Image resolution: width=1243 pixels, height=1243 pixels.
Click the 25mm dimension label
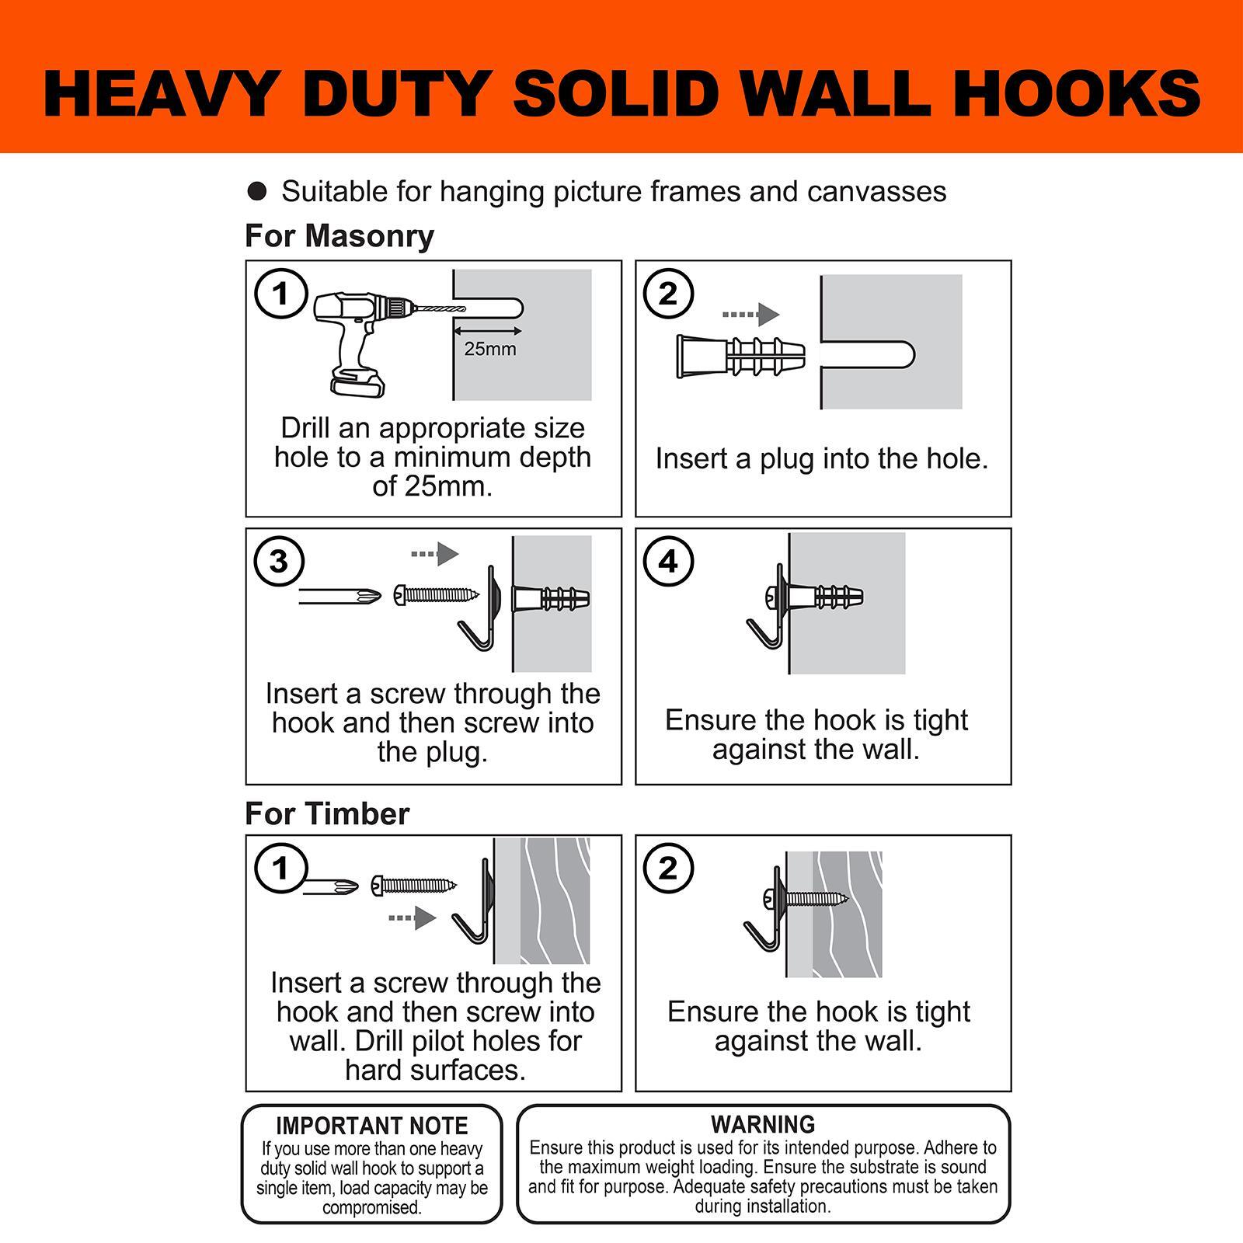coord(490,349)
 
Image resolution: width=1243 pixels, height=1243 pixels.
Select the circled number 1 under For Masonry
coord(281,294)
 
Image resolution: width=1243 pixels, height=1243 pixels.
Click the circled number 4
coord(668,561)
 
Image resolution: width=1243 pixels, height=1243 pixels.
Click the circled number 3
coord(279,561)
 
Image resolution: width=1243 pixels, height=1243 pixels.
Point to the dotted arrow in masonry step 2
coord(750,315)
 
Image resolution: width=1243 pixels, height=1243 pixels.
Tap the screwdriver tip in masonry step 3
coord(365,596)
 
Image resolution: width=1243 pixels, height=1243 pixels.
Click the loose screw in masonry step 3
coord(437,596)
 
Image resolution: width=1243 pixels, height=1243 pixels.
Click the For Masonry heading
coord(339,236)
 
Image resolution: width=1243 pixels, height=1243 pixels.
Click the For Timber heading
coord(327,814)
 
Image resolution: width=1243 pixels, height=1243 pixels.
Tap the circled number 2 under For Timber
coord(668,868)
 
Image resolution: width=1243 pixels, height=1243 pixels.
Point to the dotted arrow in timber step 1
coord(413,918)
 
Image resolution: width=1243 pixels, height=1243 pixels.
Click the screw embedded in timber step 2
coord(816,900)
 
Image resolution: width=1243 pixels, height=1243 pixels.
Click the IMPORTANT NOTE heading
coord(372,1126)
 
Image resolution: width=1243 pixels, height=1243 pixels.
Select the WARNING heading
coord(763,1124)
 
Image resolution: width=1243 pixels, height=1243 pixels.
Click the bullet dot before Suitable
coord(257,191)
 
